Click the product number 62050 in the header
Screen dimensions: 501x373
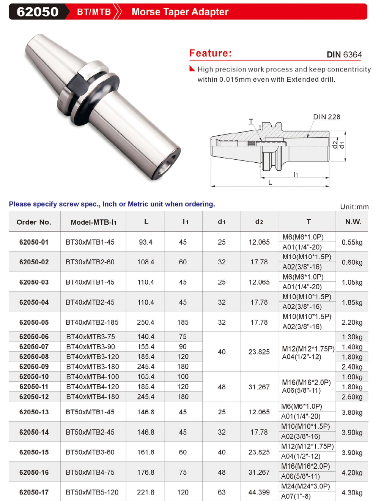tap(38, 12)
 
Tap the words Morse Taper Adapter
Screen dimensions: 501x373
tap(180, 12)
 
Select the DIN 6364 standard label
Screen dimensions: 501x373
tap(344, 55)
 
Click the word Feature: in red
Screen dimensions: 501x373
tap(211, 53)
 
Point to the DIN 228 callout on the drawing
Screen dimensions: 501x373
tap(326, 117)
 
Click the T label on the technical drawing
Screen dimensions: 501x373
tap(251, 121)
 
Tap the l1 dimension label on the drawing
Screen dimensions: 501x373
tap(296, 174)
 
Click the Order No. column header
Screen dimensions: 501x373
tap(34, 222)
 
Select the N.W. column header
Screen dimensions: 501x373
tap(353, 222)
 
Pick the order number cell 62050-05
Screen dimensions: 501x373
tap(34, 322)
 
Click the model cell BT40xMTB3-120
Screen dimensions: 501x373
tap(92, 357)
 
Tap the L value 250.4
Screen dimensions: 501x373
tap(146, 322)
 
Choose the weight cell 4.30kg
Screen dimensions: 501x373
tap(352, 492)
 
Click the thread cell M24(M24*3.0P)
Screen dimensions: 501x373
tap(305, 486)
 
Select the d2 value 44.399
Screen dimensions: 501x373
tap(259, 492)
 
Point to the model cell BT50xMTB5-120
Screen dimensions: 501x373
tap(92, 492)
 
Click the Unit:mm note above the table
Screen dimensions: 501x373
tap(354, 207)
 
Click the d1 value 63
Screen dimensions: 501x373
tap(222, 492)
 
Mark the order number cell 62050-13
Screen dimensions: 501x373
tap(34, 412)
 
